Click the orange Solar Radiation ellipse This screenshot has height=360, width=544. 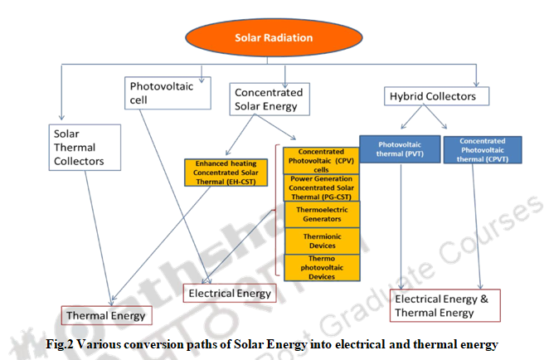pyautogui.click(x=273, y=37)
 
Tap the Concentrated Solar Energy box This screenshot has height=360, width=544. pyautogui.click(x=268, y=99)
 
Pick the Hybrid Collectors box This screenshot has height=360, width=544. pyautogui.click(x=433, y=97)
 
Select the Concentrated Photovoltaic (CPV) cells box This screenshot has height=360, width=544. pyautogui.click(x=321, y=159)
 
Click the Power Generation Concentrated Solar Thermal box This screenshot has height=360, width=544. pyautogui.click(x=321, y=187)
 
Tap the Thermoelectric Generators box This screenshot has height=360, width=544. pyautogui.click(x=321, y=214)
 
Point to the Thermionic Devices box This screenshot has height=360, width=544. pyautogui.click(x=321, y=240)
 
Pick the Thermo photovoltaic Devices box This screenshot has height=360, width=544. pyautogui.click(x=321, y=266)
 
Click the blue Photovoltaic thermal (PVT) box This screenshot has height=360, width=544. pyautogui.click(x=399, y=147)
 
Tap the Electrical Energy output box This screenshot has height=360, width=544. pyautogui.click(x=229, y=293)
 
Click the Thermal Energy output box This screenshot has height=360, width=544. pyautogui.click(x=105, y=315)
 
